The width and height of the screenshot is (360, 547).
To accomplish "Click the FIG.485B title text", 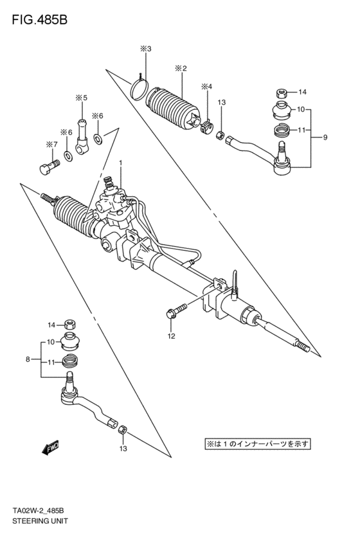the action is (39, 20).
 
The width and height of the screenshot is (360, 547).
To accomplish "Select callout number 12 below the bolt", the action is (171, 336).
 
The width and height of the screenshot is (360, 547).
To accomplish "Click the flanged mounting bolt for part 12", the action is (177, 310).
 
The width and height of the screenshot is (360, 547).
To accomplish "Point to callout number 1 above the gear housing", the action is (120, 163).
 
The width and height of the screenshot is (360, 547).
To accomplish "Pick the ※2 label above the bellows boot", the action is (181, 68).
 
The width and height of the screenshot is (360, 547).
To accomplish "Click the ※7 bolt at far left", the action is (48, 168).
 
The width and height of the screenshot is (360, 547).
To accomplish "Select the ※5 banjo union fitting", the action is (82, 136).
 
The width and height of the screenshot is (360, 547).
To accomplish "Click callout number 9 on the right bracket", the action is (325, 138).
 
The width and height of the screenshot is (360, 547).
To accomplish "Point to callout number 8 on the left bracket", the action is (28, 359).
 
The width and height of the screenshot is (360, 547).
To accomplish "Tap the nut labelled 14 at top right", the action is (282, 93).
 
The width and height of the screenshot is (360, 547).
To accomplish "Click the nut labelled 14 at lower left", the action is (71, 325).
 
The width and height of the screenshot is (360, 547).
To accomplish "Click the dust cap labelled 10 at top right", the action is (282, 109).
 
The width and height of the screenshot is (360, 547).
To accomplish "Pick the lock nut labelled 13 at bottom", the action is (123, 429).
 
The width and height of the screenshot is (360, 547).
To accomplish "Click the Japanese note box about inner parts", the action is (257, 444).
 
